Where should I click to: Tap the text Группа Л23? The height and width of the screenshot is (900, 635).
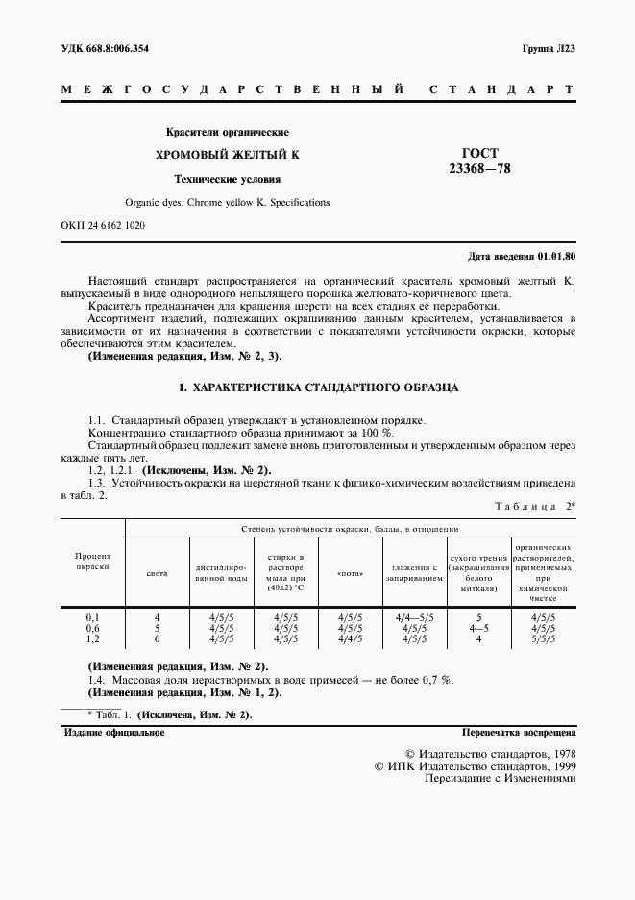[x=548, y=47]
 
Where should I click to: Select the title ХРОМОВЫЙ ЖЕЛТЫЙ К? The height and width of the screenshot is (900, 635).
[x=228, y=154]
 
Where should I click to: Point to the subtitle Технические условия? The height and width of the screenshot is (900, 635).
[x=228, y=179]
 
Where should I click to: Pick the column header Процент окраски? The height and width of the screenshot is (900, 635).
[x=93, y=562]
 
